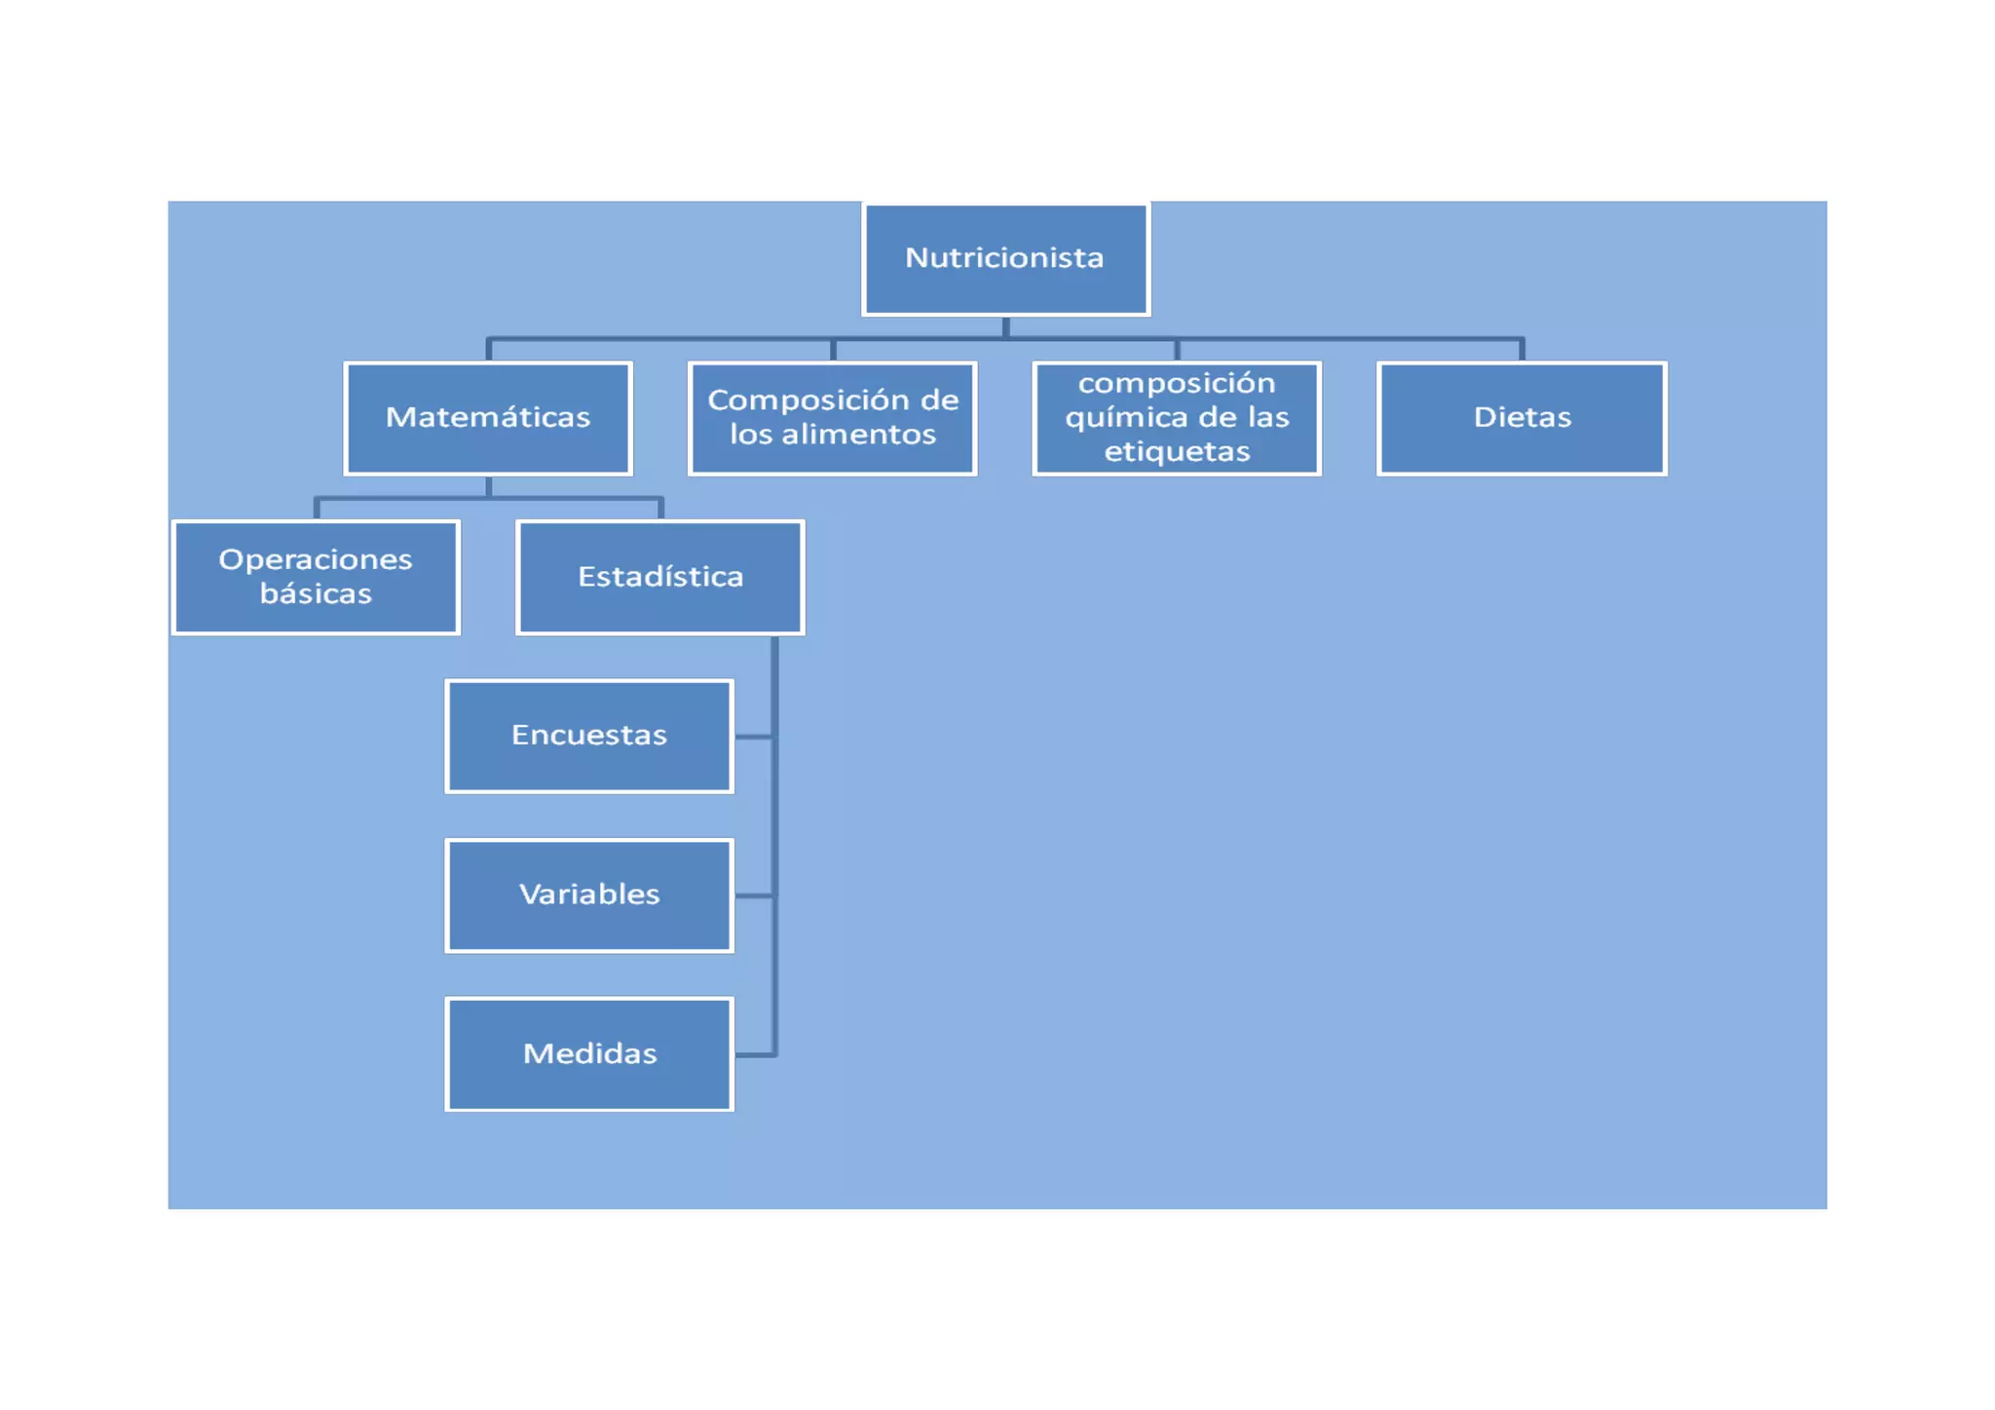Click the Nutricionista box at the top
coord(1005,258)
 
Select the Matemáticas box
coord(488,418)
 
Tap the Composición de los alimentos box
coord(832,418)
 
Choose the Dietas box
coord(1522,418)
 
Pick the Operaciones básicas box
coord(316,577)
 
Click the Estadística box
coord(660,577)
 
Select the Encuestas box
coord(588,736)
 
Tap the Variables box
coord(588,895)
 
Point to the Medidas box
coord(588,1053)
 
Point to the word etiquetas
coord(1177,452)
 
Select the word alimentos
coord(858,435)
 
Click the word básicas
coord(316,593)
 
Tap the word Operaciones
coord(316,559)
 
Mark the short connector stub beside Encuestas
coord(753,737)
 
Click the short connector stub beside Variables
coord(753,896)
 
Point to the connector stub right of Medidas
coord(753,1054)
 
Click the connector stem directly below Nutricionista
coord(1005,326)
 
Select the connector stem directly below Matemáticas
coord(488,486)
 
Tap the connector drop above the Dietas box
coord(1522,350)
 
